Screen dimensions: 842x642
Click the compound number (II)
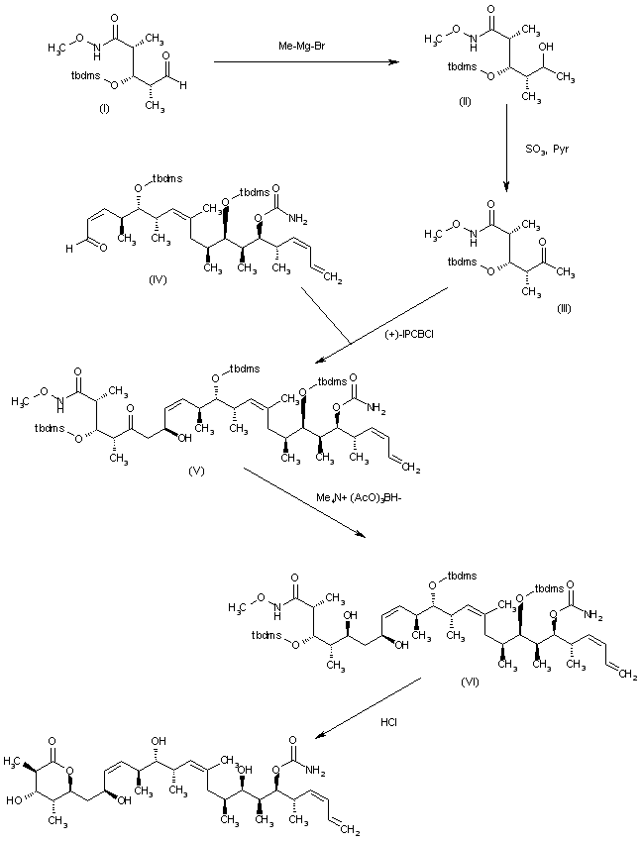(x=466, y=106)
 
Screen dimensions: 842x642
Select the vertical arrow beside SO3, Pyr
(x=507, y=149)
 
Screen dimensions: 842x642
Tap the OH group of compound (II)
(x=545, y=46)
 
